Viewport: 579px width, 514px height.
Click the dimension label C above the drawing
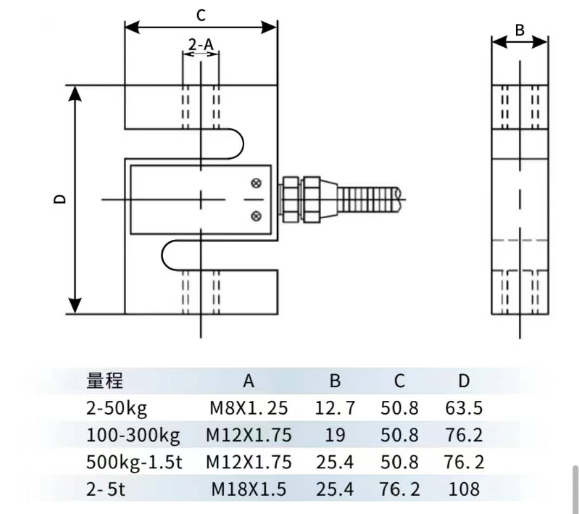[x=201, y=16]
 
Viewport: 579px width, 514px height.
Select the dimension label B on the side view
[x=519, y=31]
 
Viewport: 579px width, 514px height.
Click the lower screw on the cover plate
[x=257, y=217]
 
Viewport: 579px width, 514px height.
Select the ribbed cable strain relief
[x=368, y=199]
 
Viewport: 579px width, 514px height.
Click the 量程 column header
[x=105, y=381]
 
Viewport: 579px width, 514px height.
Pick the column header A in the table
[x=248, y=381]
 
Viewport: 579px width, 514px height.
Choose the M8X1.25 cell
[x=249, y=408]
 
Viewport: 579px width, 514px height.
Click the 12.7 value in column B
[x=335, y=408]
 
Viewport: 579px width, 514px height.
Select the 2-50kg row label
[x=116, y=408]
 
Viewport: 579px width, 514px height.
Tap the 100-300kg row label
[x=133, y=435]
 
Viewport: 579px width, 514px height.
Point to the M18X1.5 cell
[x=249, y=489]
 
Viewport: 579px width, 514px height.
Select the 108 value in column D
[x=464, y=489]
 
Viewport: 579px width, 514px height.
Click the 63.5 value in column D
[x=464, y=408]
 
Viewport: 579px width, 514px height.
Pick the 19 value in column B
[x=335, y=435]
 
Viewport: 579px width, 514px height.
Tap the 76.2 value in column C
[x=400, y=489]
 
